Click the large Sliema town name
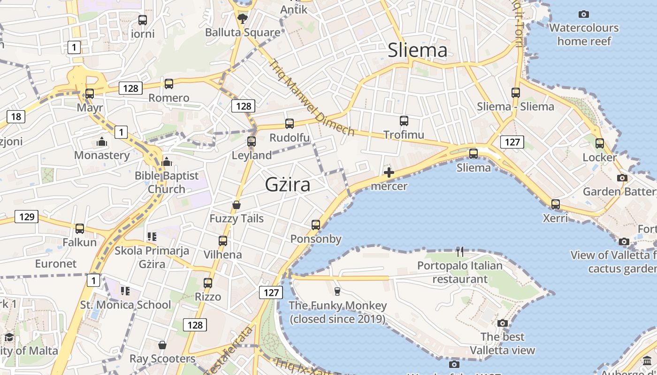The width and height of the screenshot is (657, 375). pos(417,50)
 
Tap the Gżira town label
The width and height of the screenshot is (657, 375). pos(288,184)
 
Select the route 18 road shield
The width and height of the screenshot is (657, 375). pos(16,116)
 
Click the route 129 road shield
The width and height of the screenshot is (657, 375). pos(26,217)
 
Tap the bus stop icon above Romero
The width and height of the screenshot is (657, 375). pos(168,84)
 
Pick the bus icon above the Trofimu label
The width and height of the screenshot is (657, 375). pos(404,121)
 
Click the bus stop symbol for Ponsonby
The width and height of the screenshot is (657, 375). pos(316,225)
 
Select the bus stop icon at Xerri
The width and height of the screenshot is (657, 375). pos(556,204)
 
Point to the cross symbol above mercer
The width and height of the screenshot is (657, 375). pos(389,172)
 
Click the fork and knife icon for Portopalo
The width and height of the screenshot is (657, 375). pos(460,252)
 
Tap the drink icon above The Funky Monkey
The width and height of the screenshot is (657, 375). pos(337,292)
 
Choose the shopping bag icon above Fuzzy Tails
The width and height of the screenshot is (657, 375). pos(237,205)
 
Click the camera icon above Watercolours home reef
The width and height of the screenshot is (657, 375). pos(584,14)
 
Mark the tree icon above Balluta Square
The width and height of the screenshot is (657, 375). pos(243,19)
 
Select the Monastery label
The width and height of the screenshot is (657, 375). pos(102,155)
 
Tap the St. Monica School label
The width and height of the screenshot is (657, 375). pos(126,305)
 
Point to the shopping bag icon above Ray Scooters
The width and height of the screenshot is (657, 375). pos(162,345)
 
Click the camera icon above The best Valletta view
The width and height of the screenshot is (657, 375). pos(503,323)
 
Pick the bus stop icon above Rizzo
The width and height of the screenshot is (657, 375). pos(208,283)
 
